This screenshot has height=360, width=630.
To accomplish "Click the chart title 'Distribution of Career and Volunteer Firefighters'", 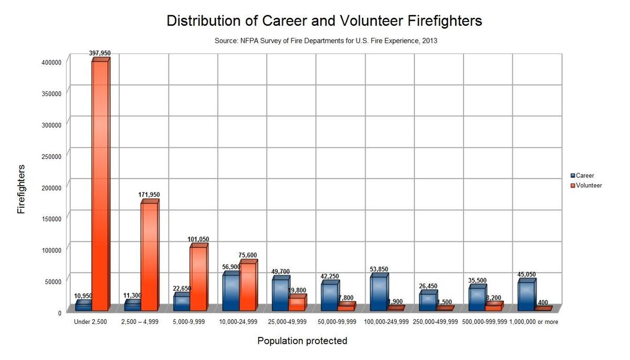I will pyautogui.click(x=324, y=21).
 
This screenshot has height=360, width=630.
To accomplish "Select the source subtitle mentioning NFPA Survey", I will pyautogui.click(x=325, y=40).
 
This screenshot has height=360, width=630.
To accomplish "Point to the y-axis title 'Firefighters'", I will pyautogui.click(x=21, y=189).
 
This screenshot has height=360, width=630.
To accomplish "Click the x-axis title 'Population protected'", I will pyautogui.click(x=302, y=341).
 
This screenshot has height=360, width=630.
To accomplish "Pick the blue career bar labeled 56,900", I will pyautogui.click(x=231, y=292).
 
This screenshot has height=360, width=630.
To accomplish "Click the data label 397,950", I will pyautogui.click(x=100, y=53).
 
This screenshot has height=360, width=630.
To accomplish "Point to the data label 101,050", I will pyautogui.click(x=198, y=239).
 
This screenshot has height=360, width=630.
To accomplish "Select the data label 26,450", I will pyautogui.click(x=428, y=286).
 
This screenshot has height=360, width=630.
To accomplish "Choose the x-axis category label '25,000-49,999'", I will pyautogui.click(x=287, y=322).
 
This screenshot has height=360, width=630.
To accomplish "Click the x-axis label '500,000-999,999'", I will pyautogui.click(x=485, y=322).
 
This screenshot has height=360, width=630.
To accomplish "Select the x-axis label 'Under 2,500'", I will pyautogui.click(x=91, y=322).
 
